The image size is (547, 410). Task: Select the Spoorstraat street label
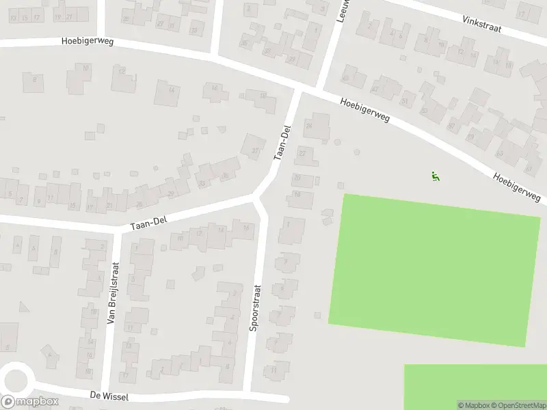pos(254,308)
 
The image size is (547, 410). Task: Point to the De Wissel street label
pos(109,396)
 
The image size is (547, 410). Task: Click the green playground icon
pos(435,176)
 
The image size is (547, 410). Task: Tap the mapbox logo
pos(30,402)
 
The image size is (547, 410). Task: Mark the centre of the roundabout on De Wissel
pos(15,379)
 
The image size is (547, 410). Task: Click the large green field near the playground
pos(434,269)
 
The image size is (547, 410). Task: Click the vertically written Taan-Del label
pos(282,142)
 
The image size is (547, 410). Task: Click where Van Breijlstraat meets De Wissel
pos(105,390)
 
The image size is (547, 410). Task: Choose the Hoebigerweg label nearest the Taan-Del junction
pos(365,109)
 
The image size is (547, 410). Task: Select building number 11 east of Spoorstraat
pos(274,370)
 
